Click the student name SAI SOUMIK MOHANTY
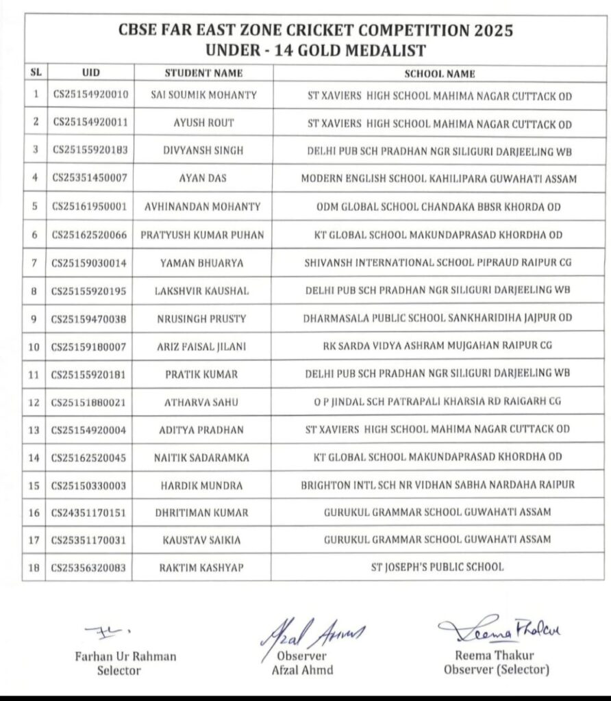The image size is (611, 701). (203, 95)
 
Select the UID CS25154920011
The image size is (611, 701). (89, 123)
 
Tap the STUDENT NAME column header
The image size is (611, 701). (203, 73)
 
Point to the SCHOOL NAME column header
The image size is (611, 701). (439, 73)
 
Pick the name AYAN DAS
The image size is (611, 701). (203, 179)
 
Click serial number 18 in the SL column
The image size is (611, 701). (34, 567)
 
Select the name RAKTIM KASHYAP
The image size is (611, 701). (203, 567)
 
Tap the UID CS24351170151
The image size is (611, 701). (89, 512)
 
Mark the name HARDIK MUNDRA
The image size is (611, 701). (203, 485)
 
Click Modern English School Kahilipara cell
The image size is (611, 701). (438, 179)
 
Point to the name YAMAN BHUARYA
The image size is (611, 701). (203, 262)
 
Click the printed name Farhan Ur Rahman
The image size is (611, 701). (125, 657)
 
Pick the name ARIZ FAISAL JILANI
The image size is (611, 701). (203, 346)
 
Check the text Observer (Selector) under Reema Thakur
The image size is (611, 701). (497, 670)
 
